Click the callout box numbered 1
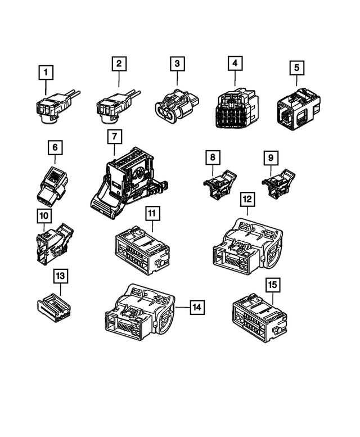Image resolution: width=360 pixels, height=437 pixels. [x=46, y=73]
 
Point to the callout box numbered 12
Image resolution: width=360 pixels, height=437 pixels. [x=246, y=199]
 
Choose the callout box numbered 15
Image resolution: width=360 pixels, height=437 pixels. [x=272, y=285]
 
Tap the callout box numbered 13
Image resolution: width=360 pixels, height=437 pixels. [x=60, y=276]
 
